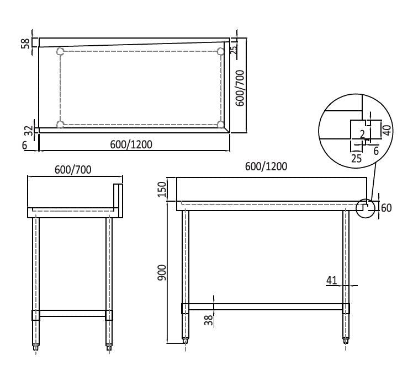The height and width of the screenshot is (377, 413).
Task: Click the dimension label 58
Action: click(25, 43)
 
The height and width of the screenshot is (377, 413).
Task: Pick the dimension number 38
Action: click(209, 320)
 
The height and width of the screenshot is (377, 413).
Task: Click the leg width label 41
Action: click(331, 281)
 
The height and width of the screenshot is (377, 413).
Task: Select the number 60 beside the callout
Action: click(386, 208)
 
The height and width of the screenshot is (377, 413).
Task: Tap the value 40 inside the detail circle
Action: click(386, 130)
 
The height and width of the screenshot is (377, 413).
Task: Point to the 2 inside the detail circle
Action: click(362, 133)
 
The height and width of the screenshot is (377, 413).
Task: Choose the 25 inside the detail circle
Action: click(356, 158)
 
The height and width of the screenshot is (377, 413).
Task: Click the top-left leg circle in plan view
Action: click(61, 52)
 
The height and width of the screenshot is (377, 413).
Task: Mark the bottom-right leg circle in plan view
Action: click(221, 125)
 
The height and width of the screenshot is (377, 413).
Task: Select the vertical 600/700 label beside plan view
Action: click(239, 88)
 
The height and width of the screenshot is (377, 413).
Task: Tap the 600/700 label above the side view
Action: click(73, 170)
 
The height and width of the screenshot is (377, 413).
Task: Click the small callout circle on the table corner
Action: click(364, 208)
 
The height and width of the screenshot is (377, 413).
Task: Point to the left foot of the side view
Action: click(37, 347)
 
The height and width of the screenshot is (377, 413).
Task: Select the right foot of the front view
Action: click(346, 341)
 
